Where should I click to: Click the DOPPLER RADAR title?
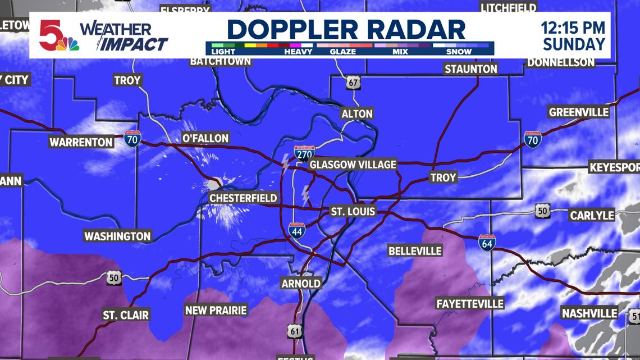346,29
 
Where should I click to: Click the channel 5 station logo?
57,35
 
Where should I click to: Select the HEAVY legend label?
298,51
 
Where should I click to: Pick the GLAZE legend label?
344,51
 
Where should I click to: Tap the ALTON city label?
356,113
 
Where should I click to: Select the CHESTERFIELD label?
243,198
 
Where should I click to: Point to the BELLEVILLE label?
415,250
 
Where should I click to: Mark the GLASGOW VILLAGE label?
353,165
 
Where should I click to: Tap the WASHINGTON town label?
117,236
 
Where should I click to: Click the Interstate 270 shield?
304,152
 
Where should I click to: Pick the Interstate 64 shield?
487,242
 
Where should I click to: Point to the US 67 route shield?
352,83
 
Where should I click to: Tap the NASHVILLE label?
589,313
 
